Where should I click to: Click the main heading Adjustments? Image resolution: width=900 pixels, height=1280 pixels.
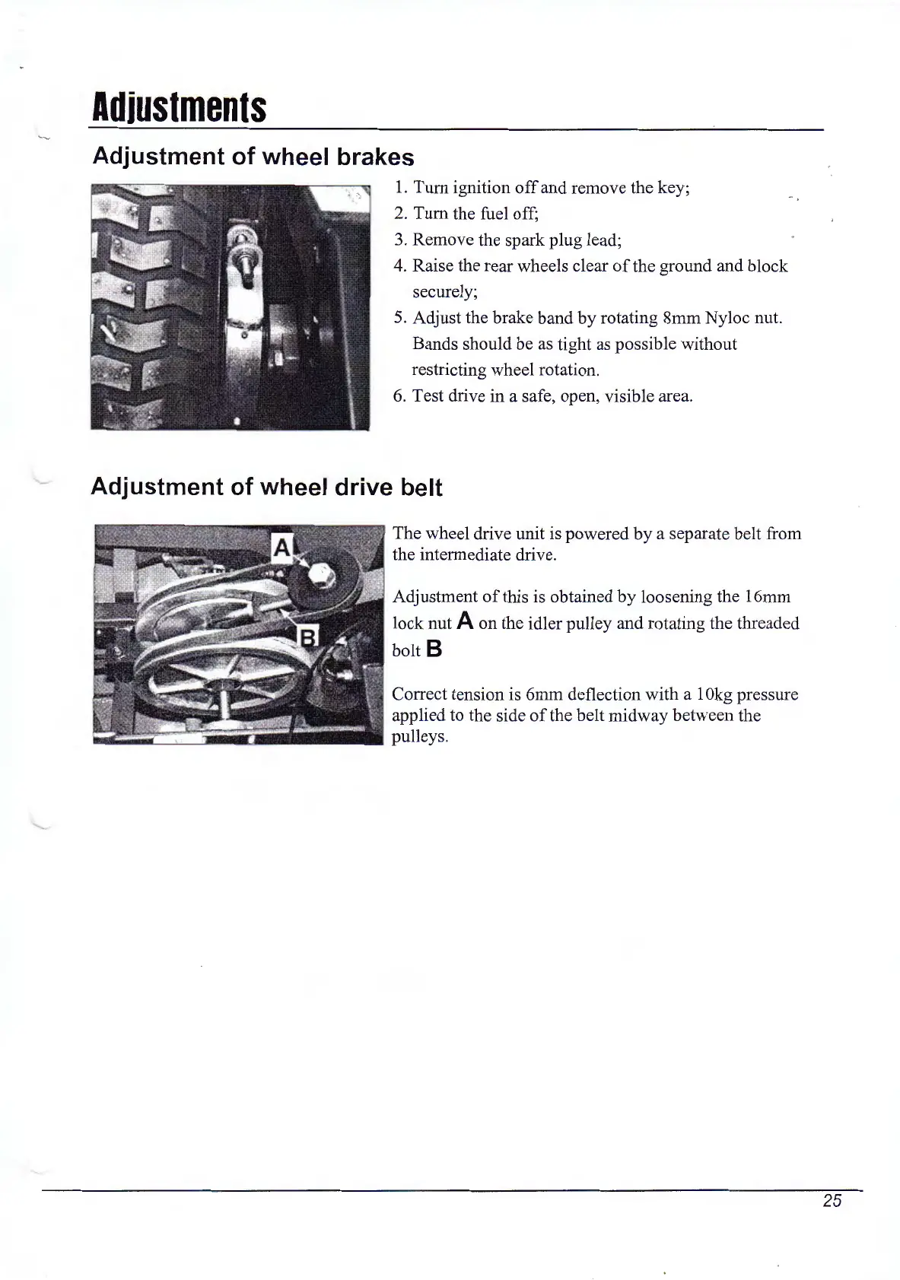click(x=179, y=109)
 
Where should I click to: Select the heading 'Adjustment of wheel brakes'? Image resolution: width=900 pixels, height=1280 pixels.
click(x=253, y=157)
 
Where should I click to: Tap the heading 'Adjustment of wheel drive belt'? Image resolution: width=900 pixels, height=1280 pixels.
click(x=266, y=487)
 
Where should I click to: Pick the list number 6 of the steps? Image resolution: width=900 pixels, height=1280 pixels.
click(x=399, y=396)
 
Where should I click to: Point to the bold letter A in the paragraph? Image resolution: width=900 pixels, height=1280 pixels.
click(x=466, y=622)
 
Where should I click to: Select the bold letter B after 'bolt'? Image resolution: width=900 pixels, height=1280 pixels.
click(x=434, y=650)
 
